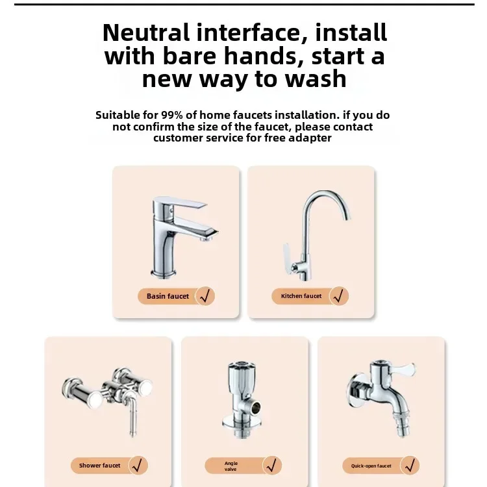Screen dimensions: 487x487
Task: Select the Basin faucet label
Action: click(168, 296)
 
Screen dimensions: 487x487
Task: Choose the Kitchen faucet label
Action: click(301, 296)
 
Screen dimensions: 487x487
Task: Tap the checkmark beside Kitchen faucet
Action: click(338, 296)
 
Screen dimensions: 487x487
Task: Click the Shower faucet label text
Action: click(100, 466)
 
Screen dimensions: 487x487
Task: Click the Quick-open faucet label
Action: click(371, 466)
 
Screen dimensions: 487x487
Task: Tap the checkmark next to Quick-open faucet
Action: click(409, 466)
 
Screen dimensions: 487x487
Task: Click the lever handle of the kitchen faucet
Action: click(286, 253)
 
